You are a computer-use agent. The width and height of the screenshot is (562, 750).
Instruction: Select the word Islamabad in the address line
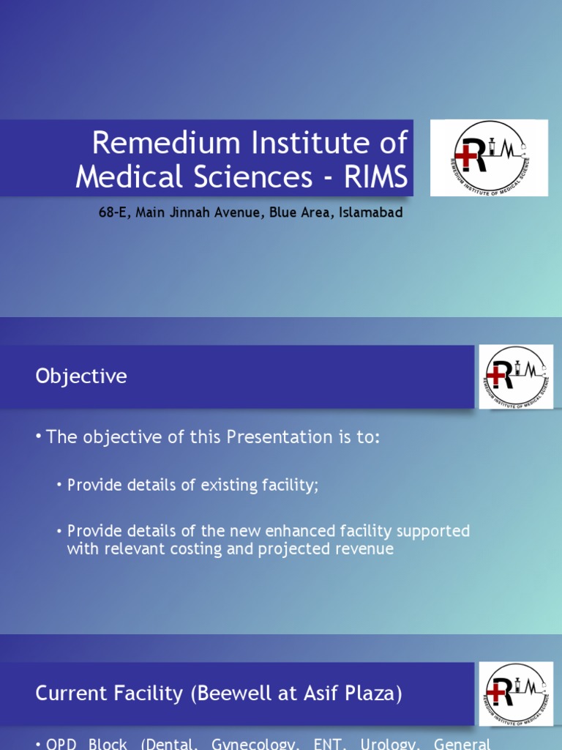coord(371,213)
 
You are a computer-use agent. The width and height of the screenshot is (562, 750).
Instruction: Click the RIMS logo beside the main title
coord(488,157)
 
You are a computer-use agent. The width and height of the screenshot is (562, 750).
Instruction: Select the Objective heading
coord(81,376)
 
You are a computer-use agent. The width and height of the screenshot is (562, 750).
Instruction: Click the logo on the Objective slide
coord(516,376)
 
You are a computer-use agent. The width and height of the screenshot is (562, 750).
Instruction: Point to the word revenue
coord(361,549)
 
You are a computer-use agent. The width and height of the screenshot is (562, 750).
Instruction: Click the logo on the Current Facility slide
coord(516,694)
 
